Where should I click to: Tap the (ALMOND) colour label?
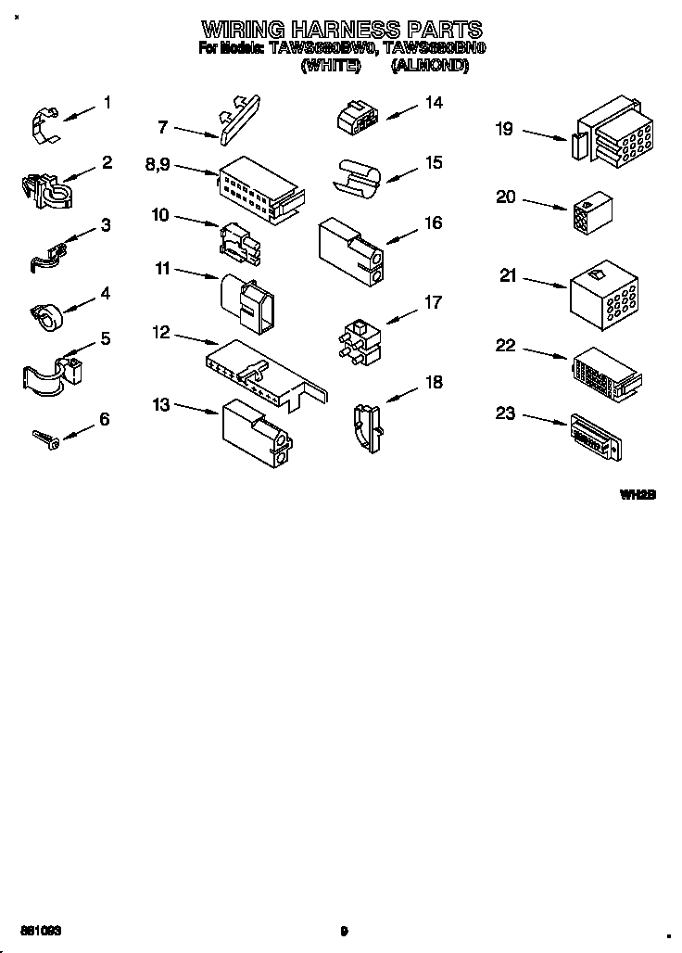click(428, 66)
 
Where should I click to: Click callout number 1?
click(107, 103)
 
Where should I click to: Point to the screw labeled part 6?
click(45, 438)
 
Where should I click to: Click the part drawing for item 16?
click(351, 249)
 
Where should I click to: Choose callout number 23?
click(505, 413)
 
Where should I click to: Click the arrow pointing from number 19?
click(545, 135)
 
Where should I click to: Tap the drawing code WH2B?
click(638, 495)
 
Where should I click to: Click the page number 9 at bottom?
click(343, 931)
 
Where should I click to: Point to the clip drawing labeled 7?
click(238, 115)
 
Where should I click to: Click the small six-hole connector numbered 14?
click(356, 117)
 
